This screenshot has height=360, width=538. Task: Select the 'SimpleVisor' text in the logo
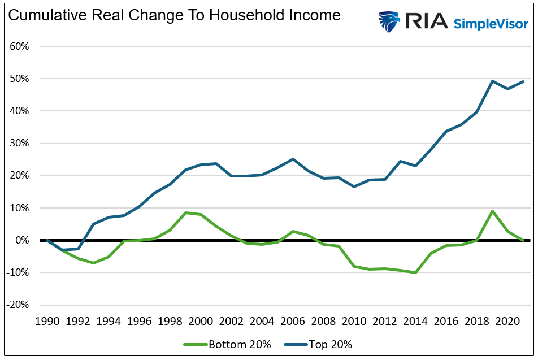492,23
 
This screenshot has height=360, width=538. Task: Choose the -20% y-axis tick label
18,305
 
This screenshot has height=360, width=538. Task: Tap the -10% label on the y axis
18,272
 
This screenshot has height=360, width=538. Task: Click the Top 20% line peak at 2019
492,81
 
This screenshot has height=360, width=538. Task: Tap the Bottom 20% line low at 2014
415,272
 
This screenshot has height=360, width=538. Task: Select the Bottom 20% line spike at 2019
492,211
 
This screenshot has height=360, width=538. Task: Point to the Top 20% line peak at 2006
293,159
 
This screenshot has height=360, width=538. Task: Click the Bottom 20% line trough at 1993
93,263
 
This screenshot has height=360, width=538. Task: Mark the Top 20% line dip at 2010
354,186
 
